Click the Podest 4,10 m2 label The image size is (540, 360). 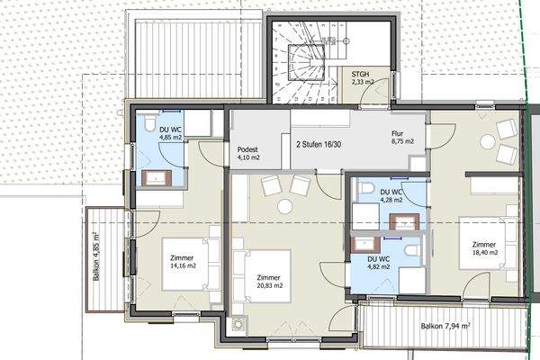(x=248, y=154)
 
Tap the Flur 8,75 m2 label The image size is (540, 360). (x=402, y=137)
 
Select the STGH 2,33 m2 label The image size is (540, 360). (x=363, y=78)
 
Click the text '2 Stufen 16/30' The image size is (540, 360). (x=319, y=144)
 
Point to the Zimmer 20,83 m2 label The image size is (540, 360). (x=270, y=282)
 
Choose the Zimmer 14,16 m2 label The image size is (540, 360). (x=183, y=262)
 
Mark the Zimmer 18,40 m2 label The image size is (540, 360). (x=484, y=248)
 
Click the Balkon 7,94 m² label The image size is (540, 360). (x=445, y=326)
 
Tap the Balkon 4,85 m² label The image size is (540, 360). (x=97, y=256)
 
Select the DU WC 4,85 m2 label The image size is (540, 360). (x=170, y=134)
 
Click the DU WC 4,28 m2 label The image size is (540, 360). (x=391, y=195)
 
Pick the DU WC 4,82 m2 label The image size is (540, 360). (x=379, y=263)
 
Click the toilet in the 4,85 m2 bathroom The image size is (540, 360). (x=149, y=123)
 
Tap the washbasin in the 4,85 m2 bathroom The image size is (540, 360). (x=157, y=178)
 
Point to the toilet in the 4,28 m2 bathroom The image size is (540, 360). (x=365, y=188)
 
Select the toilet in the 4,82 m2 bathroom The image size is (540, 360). (x=412, y=250)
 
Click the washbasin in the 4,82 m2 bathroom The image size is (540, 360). (x=365, y=244)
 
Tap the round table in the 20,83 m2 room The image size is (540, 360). (x=285, y=207)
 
